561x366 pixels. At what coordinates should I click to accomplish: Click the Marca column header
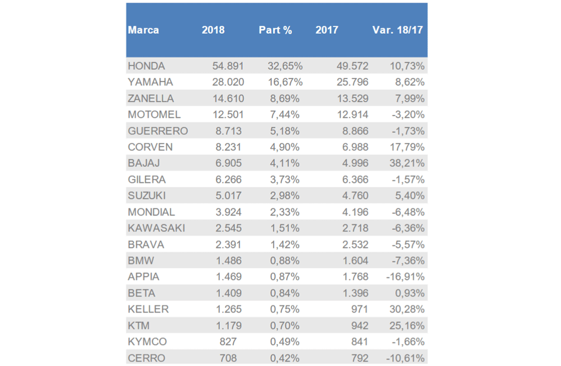pos(143,30)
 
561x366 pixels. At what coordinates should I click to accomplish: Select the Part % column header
pos(275,30)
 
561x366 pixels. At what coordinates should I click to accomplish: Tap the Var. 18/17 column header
pos(397,30)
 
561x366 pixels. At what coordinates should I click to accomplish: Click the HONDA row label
pos(146,66)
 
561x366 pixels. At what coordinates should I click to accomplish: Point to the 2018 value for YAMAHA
pos(224,83)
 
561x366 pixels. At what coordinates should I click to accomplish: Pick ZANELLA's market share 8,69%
pos(285,99)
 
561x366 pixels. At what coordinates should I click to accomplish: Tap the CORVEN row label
pos(150,148)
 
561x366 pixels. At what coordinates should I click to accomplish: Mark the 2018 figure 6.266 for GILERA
pos(224,180)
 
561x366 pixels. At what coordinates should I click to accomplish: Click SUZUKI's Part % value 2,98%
pos(285,196)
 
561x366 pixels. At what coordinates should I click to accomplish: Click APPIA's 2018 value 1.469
pos(224,277)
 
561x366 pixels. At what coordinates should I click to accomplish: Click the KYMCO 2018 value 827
pos(228,342)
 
